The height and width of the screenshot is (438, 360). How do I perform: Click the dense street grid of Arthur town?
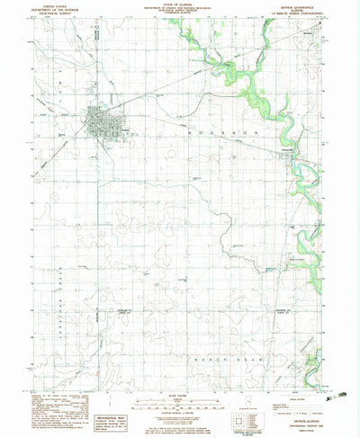101,121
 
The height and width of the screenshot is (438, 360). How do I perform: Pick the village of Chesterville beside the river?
289,159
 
